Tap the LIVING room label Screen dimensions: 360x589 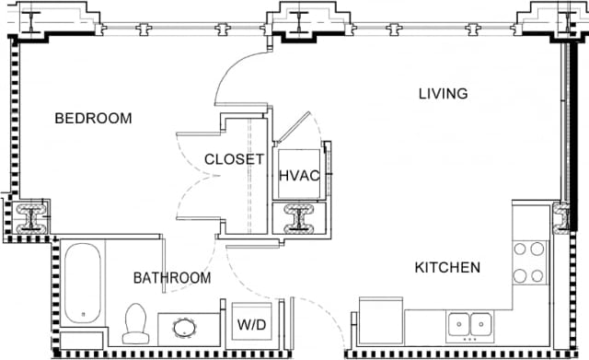443,94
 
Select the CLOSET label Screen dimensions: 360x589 234,159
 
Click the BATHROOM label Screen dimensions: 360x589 171,277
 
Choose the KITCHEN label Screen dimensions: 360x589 447,268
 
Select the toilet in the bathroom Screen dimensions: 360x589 135,323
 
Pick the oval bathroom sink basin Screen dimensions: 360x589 181,328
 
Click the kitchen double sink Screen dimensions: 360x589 468,324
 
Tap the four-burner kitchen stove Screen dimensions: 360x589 531,261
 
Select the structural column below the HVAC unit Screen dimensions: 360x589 299,217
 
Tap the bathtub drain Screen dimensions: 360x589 87,315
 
